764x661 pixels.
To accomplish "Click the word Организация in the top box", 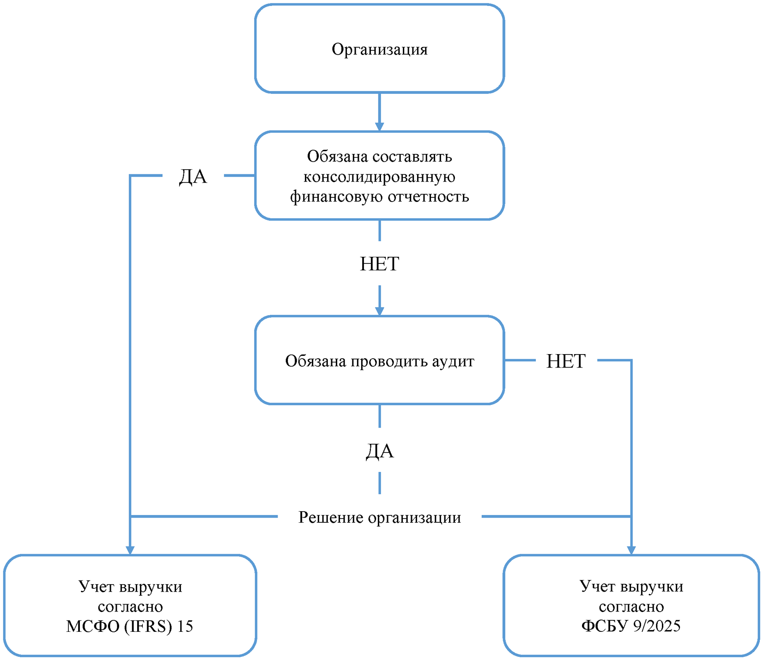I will click(379, 49).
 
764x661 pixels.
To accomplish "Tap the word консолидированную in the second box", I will click(379, 177).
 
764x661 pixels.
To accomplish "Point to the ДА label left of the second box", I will click(193, 177).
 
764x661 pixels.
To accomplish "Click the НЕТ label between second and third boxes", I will click(379, 264).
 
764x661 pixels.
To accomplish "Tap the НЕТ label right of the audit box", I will click(566, 361).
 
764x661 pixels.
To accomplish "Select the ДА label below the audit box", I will click(379, 451).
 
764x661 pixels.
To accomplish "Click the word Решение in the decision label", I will click(330, 517).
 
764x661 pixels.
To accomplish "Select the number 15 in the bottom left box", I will click(185, 626).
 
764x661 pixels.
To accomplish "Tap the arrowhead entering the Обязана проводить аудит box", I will click(379, 312).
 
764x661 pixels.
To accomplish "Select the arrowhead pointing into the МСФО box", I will click(130, 550).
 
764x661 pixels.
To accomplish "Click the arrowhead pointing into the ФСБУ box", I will click(631, 550).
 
